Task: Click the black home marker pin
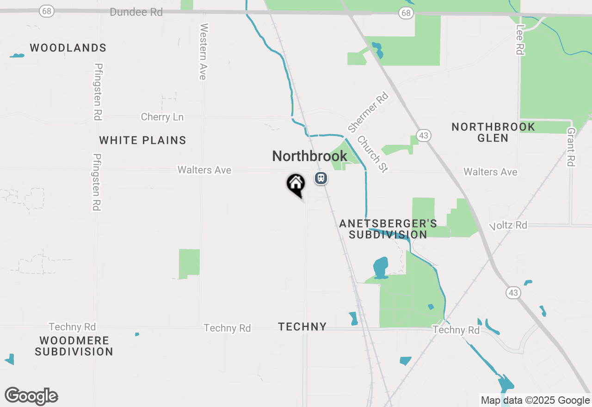click(296, 184)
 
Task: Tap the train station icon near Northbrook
click(321, 178)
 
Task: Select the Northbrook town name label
click(309, 156)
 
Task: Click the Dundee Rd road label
click(136, 12)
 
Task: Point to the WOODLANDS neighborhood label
click(68, 48)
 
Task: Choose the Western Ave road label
click(203, 51)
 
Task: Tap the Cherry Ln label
click(162, 117)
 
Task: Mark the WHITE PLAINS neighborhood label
click(142, 140)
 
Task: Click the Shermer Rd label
click(368, 112)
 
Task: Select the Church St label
click(372, 154)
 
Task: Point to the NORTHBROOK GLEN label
click(493, 132)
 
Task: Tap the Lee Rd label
click(520, 40)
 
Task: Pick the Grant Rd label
click(571, 147)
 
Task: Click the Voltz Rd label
click(508, 225)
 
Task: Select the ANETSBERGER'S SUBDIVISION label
click(388, 229)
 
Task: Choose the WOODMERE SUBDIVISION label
click(74, 346)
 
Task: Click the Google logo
click(31, 396)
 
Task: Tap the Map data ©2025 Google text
click(535, 401)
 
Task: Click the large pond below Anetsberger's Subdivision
click(380, 267)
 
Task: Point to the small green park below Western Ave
click(189, 263)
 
